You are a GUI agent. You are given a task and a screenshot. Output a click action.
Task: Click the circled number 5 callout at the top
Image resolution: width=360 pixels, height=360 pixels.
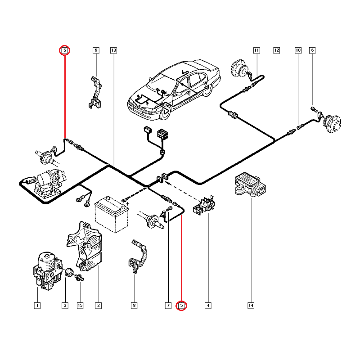tap(65, 50)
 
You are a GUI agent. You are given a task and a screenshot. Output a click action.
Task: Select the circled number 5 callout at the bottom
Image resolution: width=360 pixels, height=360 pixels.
tap(181, 306)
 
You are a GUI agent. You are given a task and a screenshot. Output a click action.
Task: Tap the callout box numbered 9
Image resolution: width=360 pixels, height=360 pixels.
tap(96, 50)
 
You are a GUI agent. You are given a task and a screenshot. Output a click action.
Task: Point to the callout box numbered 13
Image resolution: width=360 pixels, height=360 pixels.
tap(113, 50)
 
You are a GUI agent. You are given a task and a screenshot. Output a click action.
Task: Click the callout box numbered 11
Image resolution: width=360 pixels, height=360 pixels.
tap(256, 50)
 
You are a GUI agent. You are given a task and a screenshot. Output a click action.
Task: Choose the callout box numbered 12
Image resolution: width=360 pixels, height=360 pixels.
tap(276, 50)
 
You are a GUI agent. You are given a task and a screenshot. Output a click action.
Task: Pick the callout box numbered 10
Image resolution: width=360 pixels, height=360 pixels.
tap(298, 50)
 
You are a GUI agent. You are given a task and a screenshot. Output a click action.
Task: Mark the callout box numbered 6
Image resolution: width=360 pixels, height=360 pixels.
tap(312, 50)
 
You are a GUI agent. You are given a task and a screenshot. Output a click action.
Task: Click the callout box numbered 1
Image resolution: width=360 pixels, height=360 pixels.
tap(37, 306)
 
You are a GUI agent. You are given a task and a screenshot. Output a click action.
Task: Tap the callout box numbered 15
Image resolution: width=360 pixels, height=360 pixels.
tap(80, 306)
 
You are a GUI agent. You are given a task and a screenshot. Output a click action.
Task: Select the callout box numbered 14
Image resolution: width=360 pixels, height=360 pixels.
tap(251, 306)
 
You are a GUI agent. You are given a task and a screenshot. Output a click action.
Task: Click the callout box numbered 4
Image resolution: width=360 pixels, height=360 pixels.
tap(208, 306)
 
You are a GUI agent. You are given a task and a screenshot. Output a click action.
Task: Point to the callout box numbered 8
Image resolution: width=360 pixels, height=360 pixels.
tap(134, 306)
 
